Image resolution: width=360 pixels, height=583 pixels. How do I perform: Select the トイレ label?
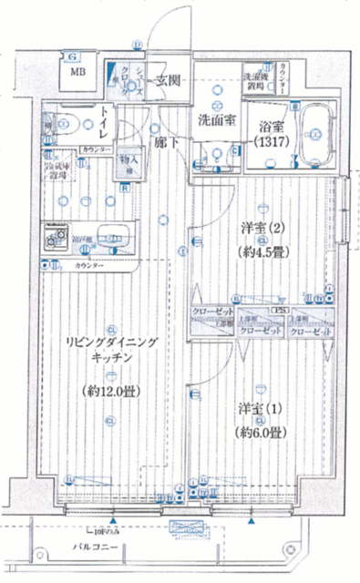coord(108,121)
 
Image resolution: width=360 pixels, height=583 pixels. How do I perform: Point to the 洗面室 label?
coord(218,119)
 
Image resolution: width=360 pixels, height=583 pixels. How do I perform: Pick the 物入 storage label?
coord(130,163)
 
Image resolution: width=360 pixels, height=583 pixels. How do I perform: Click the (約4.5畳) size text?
coord(259,249)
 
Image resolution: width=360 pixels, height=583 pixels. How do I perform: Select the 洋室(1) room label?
coord(259,410)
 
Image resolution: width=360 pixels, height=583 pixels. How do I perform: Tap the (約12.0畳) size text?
coord(107,391)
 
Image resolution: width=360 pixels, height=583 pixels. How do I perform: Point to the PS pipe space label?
coord(282,311)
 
